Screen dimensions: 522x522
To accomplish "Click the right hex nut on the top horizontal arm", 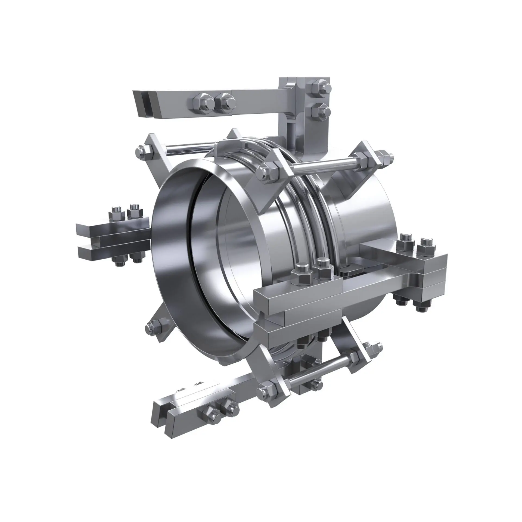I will point(224,101).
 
